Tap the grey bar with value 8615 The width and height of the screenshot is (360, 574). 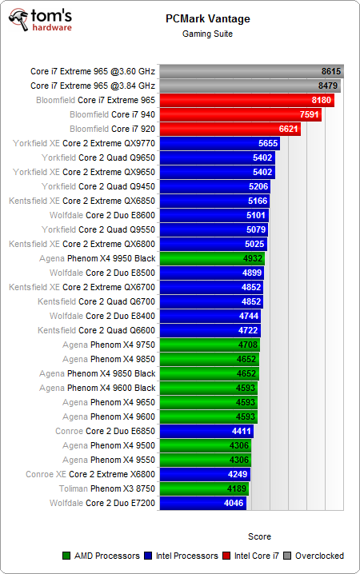[x=251, y=71]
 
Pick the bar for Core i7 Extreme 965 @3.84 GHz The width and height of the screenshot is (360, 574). [x=250, y=86]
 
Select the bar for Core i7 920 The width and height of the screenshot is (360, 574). [x=230, y=129]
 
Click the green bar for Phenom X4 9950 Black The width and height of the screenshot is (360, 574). [x=212, y=258]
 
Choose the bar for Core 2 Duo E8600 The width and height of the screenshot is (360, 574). [x=214, y=215]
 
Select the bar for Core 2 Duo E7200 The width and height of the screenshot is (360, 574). [x=203, y=503]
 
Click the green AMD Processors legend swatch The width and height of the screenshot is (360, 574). [x=66, y=556]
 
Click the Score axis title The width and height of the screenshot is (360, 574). [x=259, y=536]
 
